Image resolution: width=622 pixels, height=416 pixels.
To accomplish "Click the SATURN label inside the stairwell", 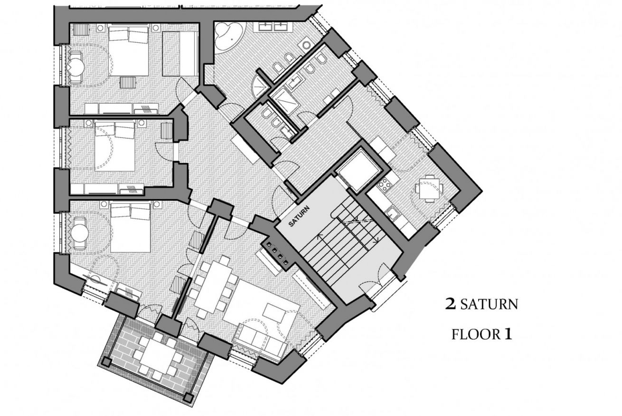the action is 299,216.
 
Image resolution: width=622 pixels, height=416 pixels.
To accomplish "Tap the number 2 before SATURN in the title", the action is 451,304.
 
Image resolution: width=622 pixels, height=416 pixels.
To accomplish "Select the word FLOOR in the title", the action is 475,335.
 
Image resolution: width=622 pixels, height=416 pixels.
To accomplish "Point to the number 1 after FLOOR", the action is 508,334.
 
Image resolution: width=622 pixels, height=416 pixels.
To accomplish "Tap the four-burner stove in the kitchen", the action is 385,184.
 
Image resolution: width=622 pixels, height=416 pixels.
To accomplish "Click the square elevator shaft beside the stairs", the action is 358,170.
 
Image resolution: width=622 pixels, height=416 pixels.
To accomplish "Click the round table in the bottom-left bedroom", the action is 80,233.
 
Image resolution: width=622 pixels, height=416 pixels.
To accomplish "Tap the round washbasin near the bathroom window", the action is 307,45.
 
